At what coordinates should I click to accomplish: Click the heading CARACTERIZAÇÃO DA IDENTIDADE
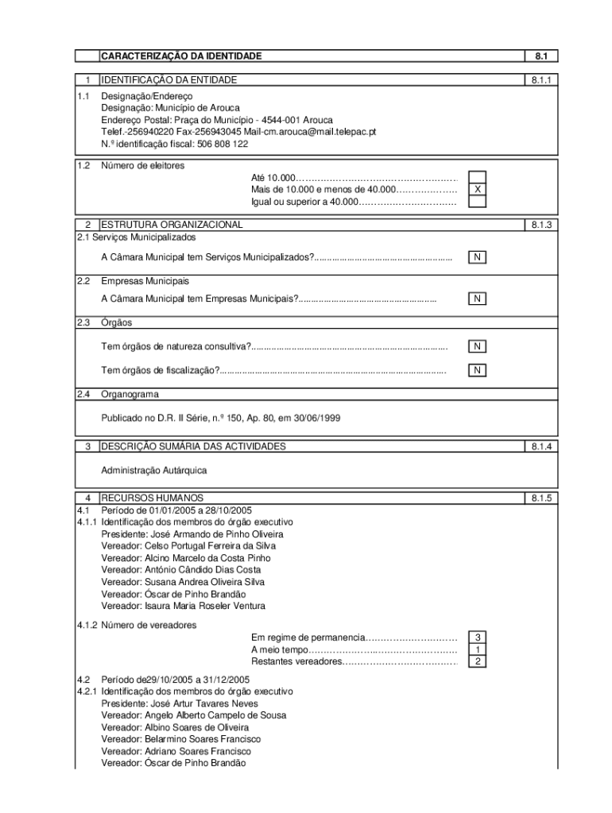(180, 56)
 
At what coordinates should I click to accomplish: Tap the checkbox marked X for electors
(477, 190)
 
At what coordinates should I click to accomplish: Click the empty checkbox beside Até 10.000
(477, 177)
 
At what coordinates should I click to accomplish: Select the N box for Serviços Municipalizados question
(477, 257)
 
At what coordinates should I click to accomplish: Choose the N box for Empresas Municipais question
(477, 299)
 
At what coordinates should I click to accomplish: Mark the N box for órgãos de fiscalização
(477, 370)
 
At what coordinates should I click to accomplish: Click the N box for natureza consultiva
(477, 346)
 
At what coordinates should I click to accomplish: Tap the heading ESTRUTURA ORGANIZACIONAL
(172, 225)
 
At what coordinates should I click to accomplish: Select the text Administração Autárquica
(153, 470)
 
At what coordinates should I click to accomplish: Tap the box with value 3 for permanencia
(477, 638)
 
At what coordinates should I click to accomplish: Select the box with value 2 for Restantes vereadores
(477, 661)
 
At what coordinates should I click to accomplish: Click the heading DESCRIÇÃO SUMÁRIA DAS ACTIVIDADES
(193, 446)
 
